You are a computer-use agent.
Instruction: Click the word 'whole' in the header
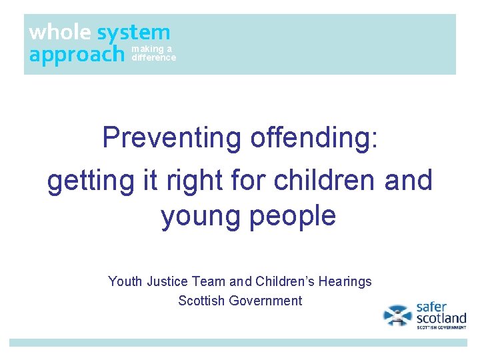pyautogui.click(x=61, y=32)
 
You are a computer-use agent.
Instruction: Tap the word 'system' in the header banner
pyautogui.click(x=133, y=32)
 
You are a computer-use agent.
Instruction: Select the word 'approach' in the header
pyautogui.click(x=77, y=54)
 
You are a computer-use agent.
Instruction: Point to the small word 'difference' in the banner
pyautogui.click(x=154, y=58)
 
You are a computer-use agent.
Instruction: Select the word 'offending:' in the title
pyautogui.click(x=314, y=138)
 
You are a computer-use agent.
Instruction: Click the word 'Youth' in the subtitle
pyautogui.click(x=125, y=281)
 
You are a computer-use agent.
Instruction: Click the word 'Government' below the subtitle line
pyautogui.click(x=265, y=301)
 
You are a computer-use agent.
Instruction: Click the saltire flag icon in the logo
pyautogui.click(x=398, y=315)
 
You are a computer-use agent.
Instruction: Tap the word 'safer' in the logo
pyautogui.click(x=431, y=307)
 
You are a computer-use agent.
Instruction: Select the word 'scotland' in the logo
pyautogui.click(x=441, y=318)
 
